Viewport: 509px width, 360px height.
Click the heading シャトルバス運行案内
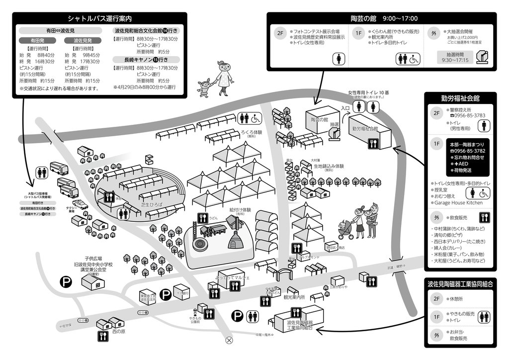click(99, 19)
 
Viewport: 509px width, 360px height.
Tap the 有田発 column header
click(37, 40)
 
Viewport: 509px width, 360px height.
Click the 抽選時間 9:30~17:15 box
click(455, 57)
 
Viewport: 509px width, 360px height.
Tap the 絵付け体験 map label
click(240, 210)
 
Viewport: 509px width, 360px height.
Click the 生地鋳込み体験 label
click(329, 166)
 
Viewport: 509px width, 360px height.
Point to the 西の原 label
click(119, 331)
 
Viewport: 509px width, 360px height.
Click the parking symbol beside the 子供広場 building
click(66, 282)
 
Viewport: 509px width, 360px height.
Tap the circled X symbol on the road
click(229, 341)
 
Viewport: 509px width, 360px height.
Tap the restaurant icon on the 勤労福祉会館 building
click(372, 144)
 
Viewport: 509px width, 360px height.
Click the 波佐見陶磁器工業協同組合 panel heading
click(460, 284)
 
